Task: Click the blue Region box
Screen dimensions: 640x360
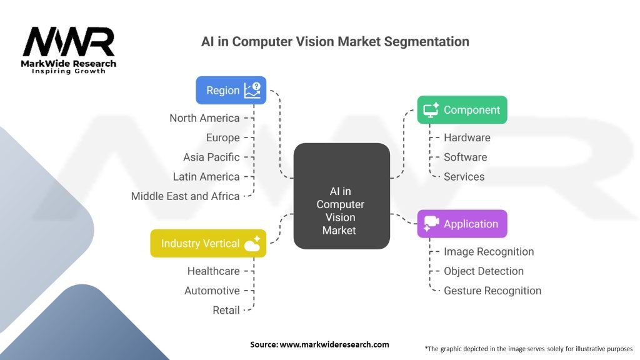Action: tap(231, 90)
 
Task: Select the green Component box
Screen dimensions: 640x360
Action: tap(462, 110)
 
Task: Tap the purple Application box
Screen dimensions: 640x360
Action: tap(462, 224)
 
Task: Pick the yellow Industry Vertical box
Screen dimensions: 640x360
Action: tap(208, 243)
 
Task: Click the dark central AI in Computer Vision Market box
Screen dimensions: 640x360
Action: tap(342, 196)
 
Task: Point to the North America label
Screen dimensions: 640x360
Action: tap(204, 118)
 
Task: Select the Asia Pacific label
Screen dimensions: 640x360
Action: tap(211, 157)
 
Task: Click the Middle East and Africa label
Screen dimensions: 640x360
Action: tap(185, 196)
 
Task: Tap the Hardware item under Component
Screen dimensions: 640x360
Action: tap(467, 137)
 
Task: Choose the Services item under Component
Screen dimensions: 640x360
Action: tap(464, 177)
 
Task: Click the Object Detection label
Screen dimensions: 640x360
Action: tap(484, 271)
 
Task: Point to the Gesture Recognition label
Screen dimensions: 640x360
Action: tap(492, 291)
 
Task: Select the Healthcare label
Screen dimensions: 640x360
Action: tap(214, 271)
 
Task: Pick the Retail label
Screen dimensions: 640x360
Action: tap(226, 310)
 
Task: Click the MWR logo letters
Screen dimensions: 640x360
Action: tap(69, 42)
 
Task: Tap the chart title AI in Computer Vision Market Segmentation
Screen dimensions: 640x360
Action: tap(335, 42)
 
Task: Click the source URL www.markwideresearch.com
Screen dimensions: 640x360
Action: tap(334, 344)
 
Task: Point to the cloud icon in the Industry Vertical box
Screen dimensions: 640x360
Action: tap(252, 244)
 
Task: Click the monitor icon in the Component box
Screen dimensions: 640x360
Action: tap(431, 110)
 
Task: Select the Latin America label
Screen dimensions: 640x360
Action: tap(206, 177)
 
